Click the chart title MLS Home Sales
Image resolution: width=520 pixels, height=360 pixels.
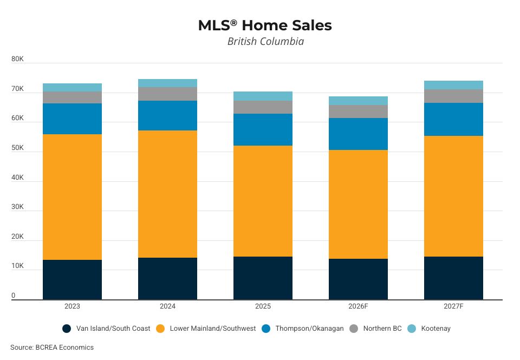tap(265, 25)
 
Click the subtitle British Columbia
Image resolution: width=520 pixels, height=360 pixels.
tap(265, 42)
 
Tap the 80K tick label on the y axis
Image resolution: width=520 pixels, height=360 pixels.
tap(17, 59)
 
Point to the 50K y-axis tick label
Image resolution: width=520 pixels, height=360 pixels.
tap(17, 148)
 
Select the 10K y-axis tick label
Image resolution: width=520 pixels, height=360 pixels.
tap(17, 266)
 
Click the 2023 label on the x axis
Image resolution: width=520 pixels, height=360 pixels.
tap(72, 306)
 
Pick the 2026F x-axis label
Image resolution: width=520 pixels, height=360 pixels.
tap(358, 306)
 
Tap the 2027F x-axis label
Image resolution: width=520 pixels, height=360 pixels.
tap(453, 306)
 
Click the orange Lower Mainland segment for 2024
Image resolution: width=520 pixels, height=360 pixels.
tap(167, 194)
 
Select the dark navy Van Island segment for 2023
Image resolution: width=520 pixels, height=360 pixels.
tap(72, 279)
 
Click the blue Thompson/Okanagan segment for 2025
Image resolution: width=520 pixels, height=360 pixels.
tap(263, 129)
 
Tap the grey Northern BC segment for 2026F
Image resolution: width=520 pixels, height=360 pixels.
tap(358, 112)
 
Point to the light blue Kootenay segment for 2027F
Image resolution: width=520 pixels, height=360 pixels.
tap(453, 85)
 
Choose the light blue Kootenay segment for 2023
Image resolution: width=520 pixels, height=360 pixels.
tap(72, 87)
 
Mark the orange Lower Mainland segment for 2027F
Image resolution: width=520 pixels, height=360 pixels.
tap(453, 196)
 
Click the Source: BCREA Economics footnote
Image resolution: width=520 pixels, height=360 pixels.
tap(52, 348)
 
